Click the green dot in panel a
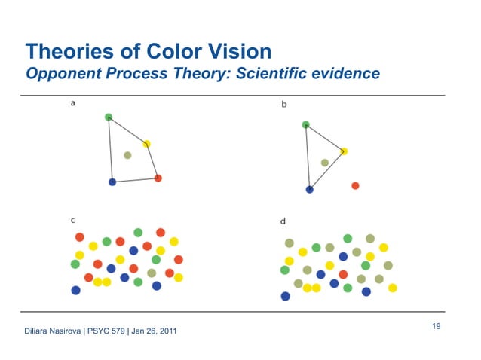[109, 117]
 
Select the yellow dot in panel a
[146, 144]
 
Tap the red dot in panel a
[158, 178]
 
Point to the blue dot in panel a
[112, 182]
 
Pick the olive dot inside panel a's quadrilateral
[127, 155]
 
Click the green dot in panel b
[305, 124]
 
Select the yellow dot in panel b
[343, 151]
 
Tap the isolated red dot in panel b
[355, 185]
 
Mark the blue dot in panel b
[309, 189]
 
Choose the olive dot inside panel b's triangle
[325, 163]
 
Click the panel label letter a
[72, 105]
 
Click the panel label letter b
[283, 105]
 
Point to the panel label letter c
[72, 220]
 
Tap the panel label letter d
[283, 221]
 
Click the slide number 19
[436, 325]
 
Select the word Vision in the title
[236, 51]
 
